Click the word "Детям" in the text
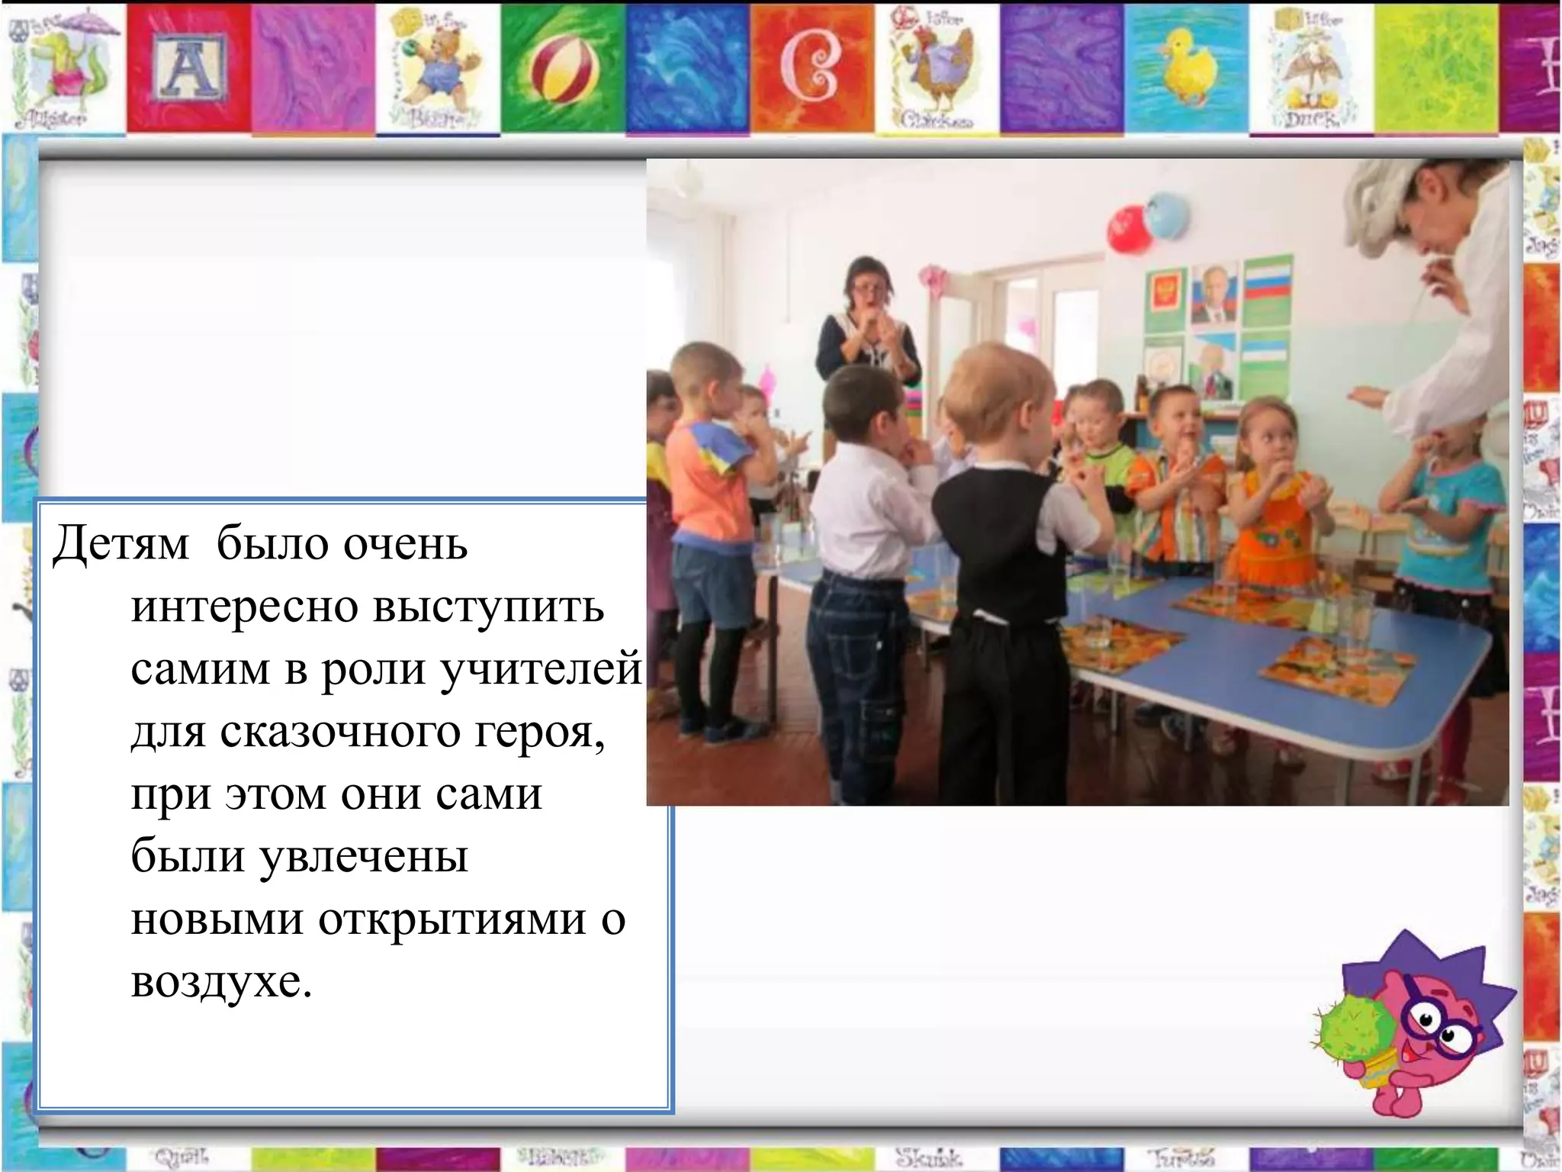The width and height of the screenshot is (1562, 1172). coord(121,544)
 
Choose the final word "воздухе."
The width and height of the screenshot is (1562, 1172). coord(221,982)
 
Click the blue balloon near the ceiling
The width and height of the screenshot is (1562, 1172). coord(1165,215)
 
